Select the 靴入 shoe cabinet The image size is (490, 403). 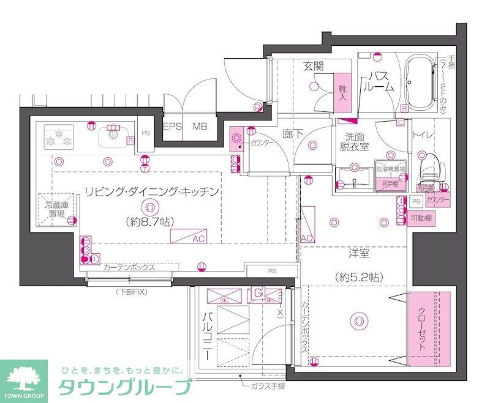point(342,92)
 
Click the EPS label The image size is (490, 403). point(173,127)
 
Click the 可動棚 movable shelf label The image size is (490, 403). point(421,218)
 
